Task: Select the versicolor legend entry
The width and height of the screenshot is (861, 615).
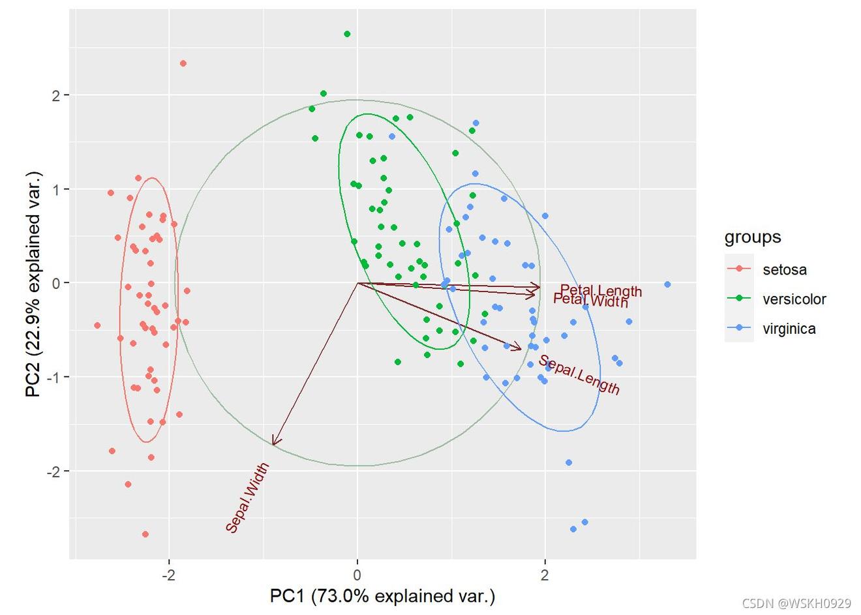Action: click(x=794, y=299)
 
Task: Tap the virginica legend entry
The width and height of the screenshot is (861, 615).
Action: click(x=789, y=329)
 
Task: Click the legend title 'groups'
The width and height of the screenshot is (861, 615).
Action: click(x=753, y=237)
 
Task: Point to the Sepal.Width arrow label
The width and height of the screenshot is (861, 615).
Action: click(x=247, y=498)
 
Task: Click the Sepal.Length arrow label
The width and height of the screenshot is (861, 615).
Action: click(x=579, y=375)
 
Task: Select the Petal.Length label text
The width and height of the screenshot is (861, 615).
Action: click(x=601, y=291)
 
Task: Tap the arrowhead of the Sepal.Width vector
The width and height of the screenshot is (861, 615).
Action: click(x=273, y=444)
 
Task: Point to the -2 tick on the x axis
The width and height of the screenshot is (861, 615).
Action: click(x=170, y=575)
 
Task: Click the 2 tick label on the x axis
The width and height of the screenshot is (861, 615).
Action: click(x=545, y=575)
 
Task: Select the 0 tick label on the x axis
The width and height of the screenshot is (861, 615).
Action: click(x=357, y=575)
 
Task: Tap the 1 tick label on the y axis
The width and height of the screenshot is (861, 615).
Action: click(x=55, y=189)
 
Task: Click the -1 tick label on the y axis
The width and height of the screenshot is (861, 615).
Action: click(x=52, y=377)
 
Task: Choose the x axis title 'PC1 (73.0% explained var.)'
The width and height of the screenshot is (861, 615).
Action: click(x=382, y=596)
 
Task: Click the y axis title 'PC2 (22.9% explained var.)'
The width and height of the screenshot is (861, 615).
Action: click(x=33, y=284)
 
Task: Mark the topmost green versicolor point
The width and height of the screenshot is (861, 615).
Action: click(x=347, y=34)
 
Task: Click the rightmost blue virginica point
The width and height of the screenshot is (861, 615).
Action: click(x=667, y=284)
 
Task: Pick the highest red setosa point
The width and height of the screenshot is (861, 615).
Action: click(x=183, y=63)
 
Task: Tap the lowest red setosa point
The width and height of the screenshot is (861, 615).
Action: click(x=145, y=534)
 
